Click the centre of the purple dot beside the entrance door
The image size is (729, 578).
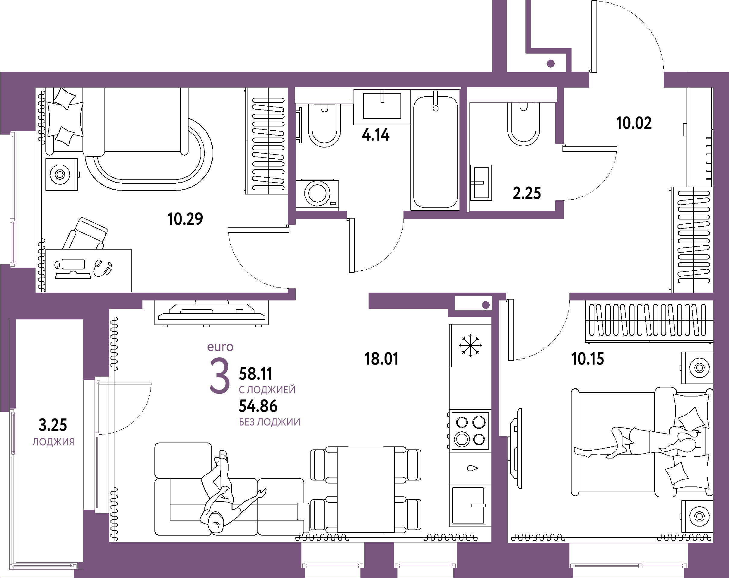coord(550,63)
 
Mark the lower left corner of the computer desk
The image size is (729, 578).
coord(46,292)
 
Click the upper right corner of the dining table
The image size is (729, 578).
coord(394,447)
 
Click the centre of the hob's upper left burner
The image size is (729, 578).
coord(462,422)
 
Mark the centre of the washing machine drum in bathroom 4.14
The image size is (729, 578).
coord(317,193)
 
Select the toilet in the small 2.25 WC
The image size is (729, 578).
coord(523,124)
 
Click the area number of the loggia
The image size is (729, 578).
coord(53,425)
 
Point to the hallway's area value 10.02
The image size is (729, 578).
coord(634,123)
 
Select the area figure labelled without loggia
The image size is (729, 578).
coord(258,406)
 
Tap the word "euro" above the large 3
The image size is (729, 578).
coord(220,347)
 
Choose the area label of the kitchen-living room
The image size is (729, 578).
coord(381,359)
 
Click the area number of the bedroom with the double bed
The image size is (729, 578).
coord(587,359)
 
